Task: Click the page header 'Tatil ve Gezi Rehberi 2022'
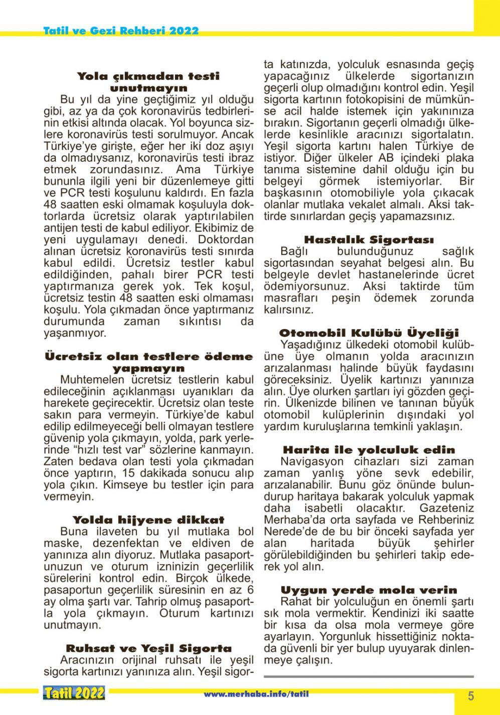(x=121, y=30)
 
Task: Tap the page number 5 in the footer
(x=471, y=695)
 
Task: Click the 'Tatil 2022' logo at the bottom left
(x=74, y=693)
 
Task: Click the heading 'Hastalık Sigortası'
(x=369, y=240)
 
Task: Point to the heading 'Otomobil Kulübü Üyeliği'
(x=369, y=333)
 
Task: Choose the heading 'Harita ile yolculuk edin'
(x=369, y=450)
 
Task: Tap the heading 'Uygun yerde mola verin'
(x=369, y=590)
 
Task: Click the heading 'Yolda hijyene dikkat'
(x=148, y=519)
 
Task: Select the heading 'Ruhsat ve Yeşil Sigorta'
(x=148, y=648)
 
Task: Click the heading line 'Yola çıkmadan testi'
(x=148, y=76)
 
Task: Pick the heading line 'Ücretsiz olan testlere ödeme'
(x=148, y=356)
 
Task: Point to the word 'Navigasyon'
(x=311, y=461)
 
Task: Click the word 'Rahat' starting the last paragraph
(x=295, y=601)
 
